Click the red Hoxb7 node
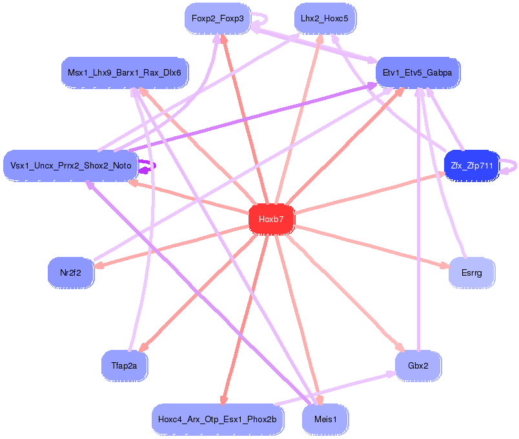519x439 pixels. coord(271,219)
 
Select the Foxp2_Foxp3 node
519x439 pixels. coord(218,18)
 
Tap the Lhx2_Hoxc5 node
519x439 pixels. coord(324,18)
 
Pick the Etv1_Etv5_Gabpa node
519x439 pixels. coord(417,73)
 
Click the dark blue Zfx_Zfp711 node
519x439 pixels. coord(472,166)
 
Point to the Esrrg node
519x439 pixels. coord(471,272)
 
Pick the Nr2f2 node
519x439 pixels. coord(70,272)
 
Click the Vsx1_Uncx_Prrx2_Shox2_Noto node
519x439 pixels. coord(70,166)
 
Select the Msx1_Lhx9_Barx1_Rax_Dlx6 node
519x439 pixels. coord(124,73)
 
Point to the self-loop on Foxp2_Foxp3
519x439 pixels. coord(263,19)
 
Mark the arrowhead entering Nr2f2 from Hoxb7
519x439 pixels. coord(99,265)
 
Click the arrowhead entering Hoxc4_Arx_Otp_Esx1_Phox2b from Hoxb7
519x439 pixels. coord(223,400)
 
